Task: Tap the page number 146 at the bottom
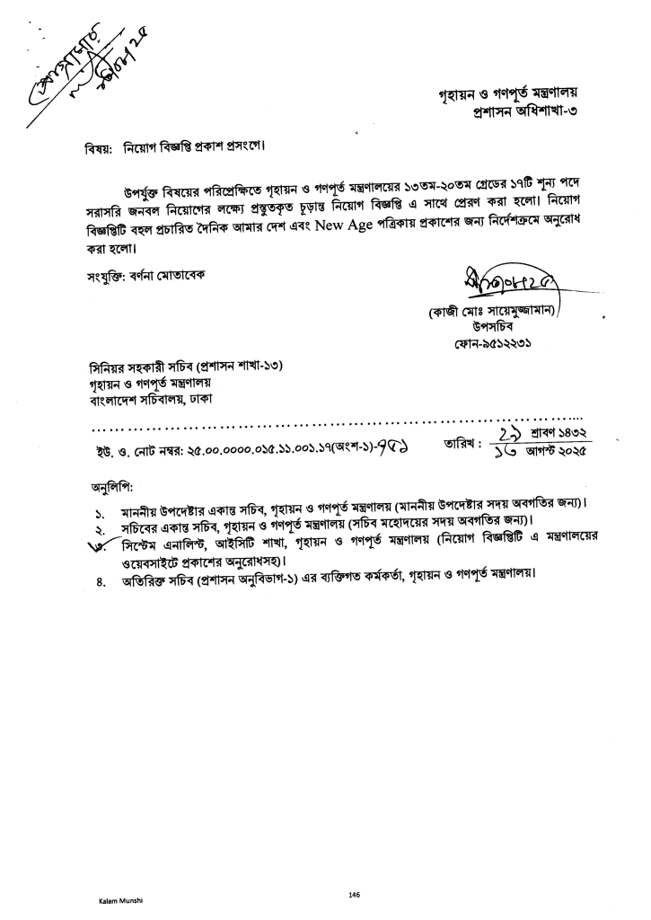tap(355, 894)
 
